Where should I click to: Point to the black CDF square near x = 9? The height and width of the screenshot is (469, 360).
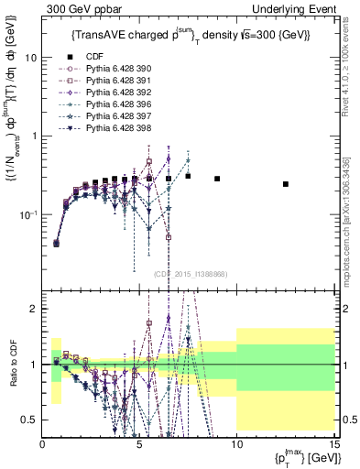217,179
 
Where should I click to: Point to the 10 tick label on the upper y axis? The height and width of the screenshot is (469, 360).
30,57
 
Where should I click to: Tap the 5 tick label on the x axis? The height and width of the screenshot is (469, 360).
139,443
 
